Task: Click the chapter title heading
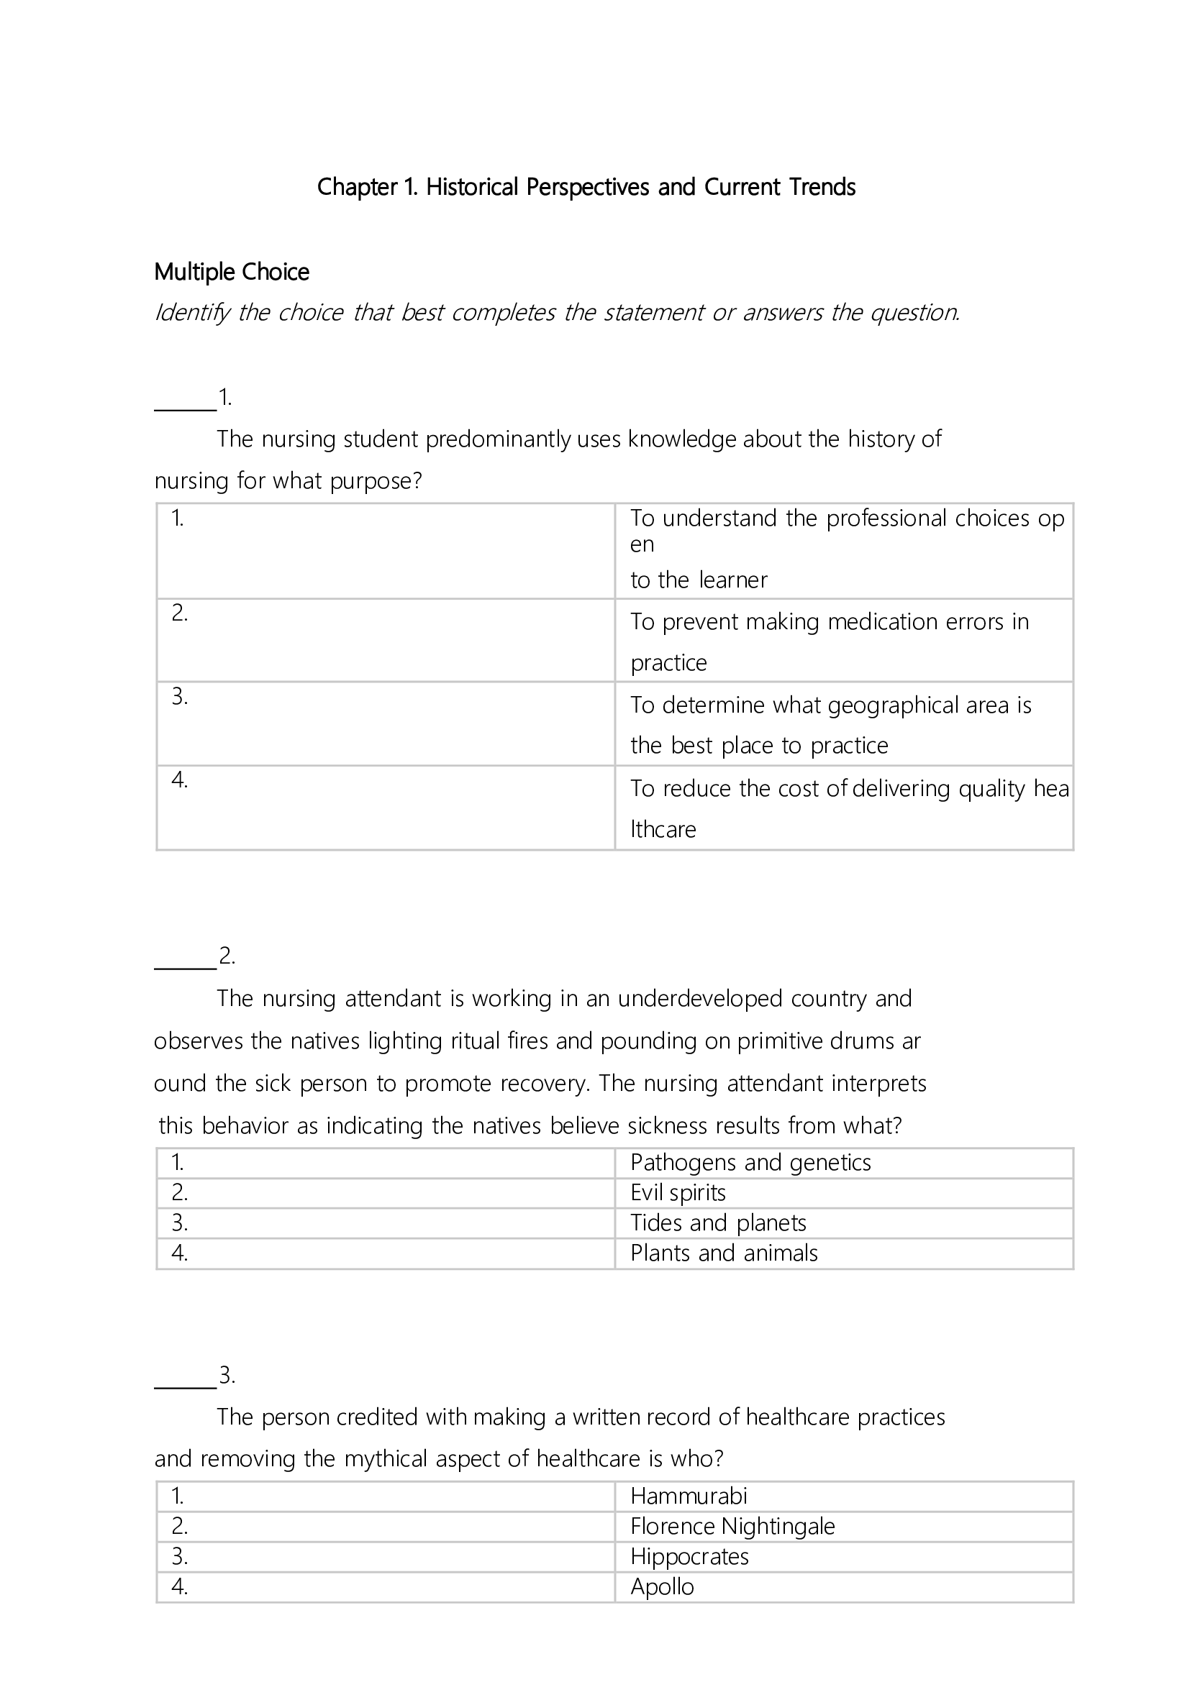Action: click(586, 188)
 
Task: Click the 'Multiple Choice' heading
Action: click(232, 273)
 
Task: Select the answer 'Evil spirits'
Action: click(678, 1192)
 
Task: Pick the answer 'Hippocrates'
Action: click(689, 1556)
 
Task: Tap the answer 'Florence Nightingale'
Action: click(732, 1526)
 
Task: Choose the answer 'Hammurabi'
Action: click(688, 1496)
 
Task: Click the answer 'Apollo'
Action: click(662, 1586)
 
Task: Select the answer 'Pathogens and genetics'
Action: click(750, 1163)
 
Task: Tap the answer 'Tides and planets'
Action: click(718, 1222)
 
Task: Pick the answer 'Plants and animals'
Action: click(724, 1253)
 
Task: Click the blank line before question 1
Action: click(185, 408)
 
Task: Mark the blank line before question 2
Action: click(185, 967)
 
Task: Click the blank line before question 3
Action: click(185, 1386)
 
